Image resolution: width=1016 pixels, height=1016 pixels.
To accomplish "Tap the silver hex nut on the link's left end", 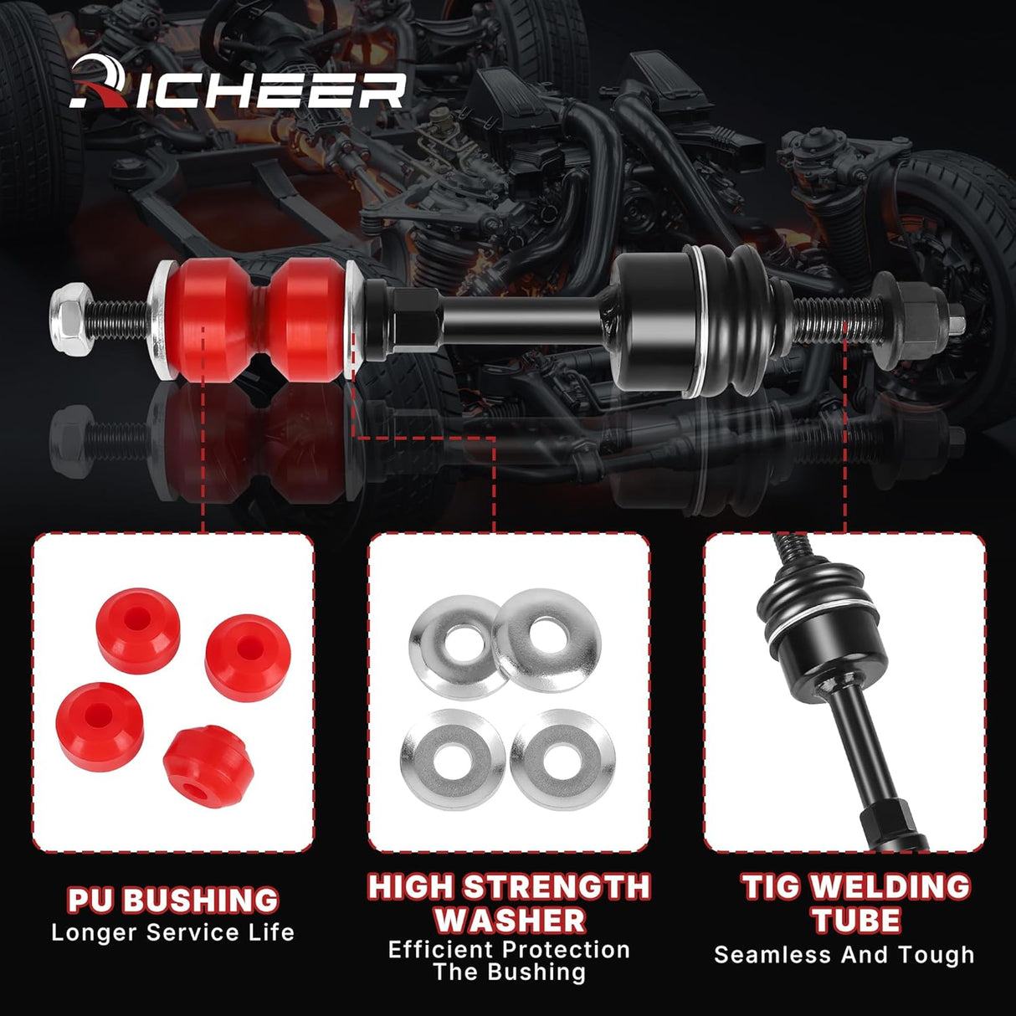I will (66, 311).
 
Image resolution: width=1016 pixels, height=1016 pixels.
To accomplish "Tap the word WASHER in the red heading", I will (509, 920).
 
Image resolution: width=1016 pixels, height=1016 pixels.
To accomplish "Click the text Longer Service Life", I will (172, 932).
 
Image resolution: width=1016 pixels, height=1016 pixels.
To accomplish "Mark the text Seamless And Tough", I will (844, 955).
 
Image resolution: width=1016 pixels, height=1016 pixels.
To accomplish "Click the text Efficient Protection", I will (509, 950).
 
